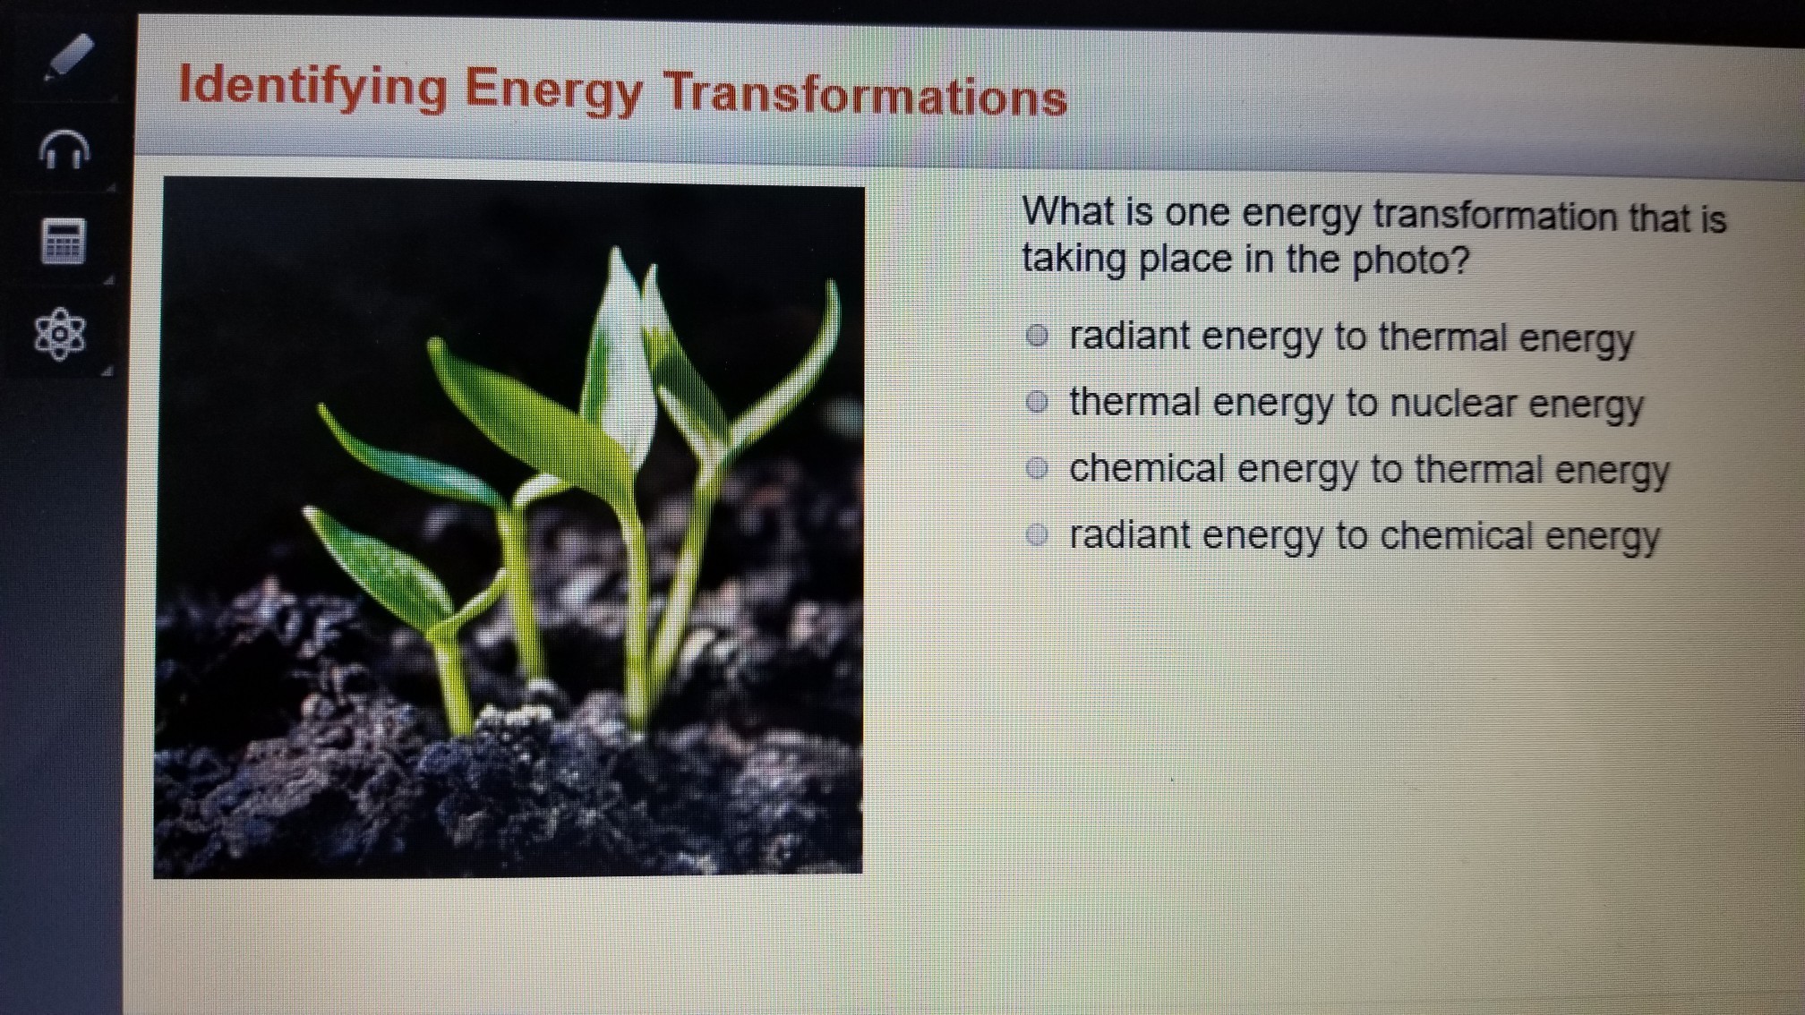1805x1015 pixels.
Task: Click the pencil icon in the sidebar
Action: [68, 56]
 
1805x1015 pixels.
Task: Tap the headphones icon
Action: [64, 149]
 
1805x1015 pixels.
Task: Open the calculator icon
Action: [64, 241]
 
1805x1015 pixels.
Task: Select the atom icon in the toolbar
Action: [60, 334]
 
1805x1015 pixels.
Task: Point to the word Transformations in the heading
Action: [865, 94]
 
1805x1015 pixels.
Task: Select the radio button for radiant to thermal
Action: [1037, 336]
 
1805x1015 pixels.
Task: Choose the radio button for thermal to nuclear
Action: [1037, 402]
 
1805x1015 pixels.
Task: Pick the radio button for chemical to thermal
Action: [1037, 468]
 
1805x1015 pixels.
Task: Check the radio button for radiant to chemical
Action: [1037, 535]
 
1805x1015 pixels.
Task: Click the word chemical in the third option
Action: [1147, 468]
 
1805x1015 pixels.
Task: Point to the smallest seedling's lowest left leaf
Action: [376, 565]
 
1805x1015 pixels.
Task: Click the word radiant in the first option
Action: [1128, 336]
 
